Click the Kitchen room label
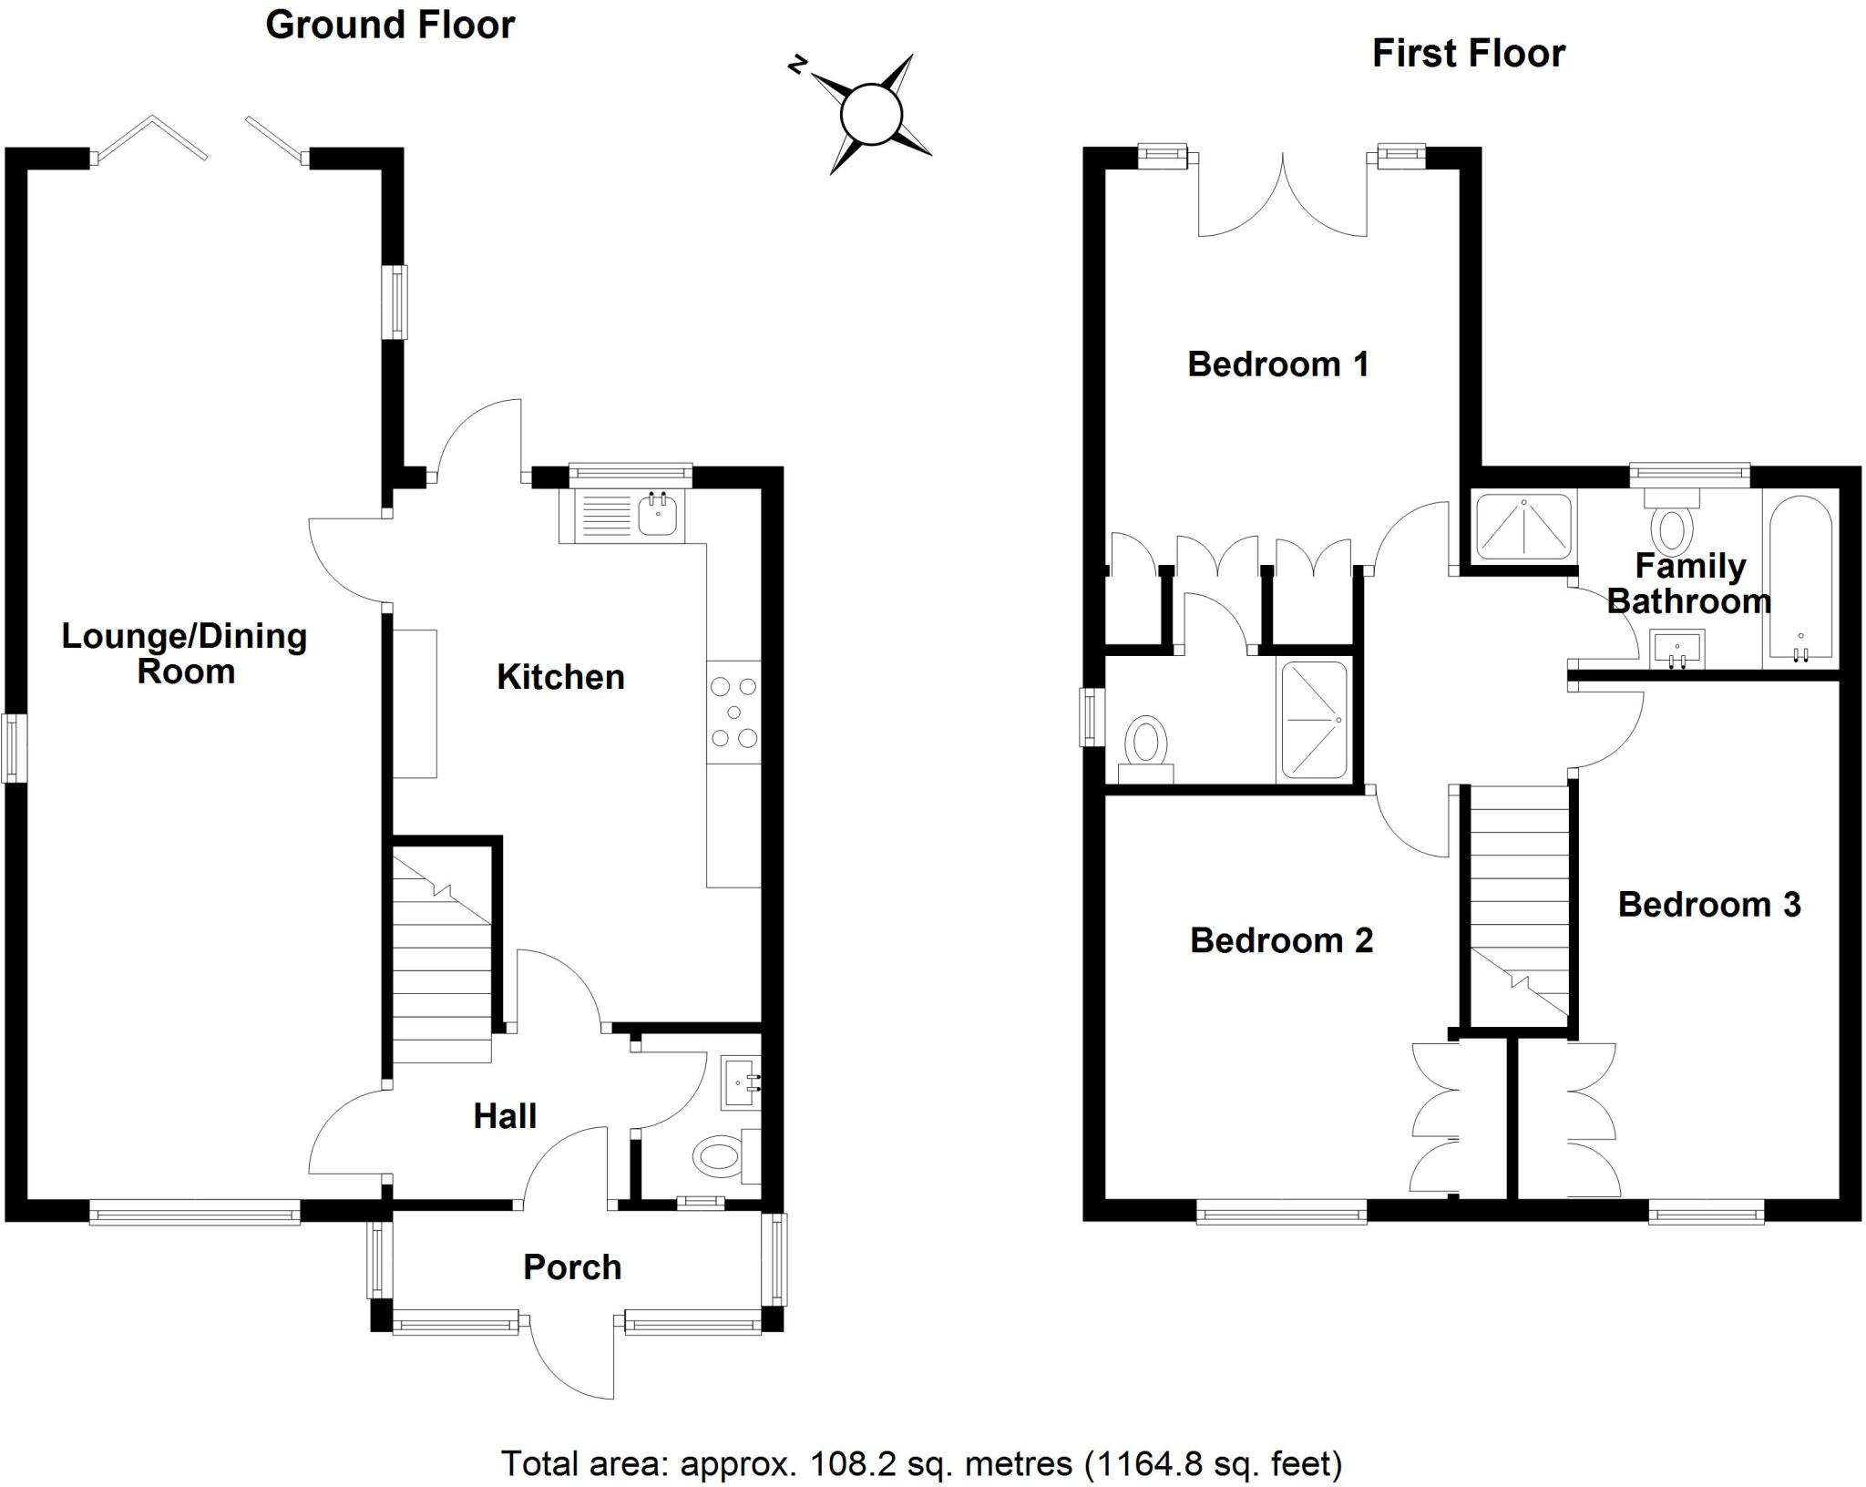[560, 677]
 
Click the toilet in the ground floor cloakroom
[720, 1156]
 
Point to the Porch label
[572, 1267]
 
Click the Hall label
[505, 1116]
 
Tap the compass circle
[871, 115]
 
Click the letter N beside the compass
[797, 65]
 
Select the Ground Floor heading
[390, 26]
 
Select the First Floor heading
[1469, 54]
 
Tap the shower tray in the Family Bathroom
[1523, 526]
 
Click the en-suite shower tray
[1314, 720]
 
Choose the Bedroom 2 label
[1281, 940]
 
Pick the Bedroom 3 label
[1709, 904]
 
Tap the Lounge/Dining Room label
[184, 653]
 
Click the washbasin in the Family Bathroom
[1676, 649]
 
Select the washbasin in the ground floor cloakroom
[738, 1082]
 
